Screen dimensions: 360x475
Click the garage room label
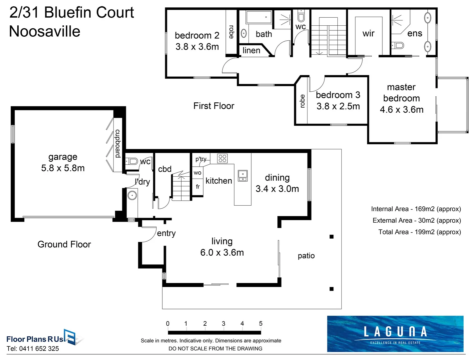(63, 157)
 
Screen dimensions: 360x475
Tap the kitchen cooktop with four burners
(222, 158)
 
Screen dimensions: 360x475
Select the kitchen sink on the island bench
(242, 176)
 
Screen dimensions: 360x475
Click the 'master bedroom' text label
(401, 93)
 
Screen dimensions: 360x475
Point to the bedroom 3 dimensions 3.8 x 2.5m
(338, 106)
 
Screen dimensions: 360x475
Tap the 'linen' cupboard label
(251, 50)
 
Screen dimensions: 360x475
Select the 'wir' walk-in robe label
(368, 33)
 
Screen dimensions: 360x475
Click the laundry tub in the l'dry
(132, 195)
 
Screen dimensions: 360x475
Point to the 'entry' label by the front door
(166, 233)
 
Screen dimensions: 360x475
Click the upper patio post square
(331, 237)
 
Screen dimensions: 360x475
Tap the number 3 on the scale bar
(224, 324)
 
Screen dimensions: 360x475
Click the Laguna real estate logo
(395, 334)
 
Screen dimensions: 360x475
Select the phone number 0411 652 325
(39, 349)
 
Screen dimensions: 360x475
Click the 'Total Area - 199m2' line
(419, 232)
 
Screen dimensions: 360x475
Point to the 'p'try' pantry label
(201, 159)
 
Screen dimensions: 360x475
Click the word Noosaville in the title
(45, 31)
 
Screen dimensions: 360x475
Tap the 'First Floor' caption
(214, 106)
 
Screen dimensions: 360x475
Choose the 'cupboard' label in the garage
(118, 143)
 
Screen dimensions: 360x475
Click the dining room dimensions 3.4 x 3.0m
(277, 189)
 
